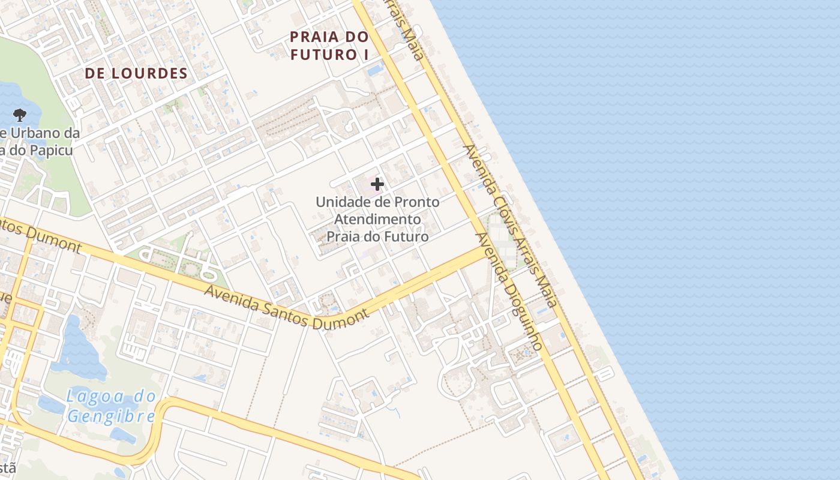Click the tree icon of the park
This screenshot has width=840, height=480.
20,114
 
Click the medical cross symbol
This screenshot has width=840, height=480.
377,184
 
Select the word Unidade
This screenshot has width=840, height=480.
338,202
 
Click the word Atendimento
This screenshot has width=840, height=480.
377,220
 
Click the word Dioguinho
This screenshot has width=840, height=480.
523,315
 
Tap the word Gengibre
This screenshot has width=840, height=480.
112,416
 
